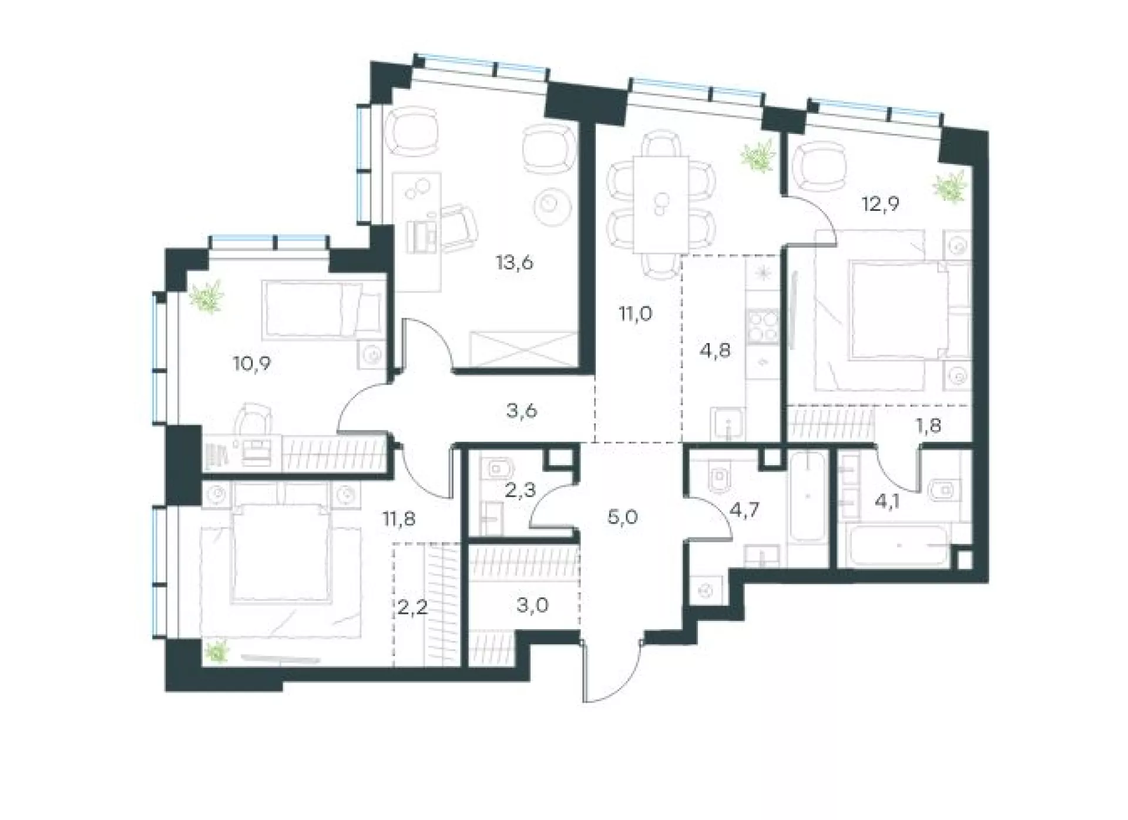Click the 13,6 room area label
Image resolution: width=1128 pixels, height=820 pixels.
(514, 262)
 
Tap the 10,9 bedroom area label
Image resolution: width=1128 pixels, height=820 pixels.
(251, 364)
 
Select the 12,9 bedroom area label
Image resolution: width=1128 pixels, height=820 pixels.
(881, 204)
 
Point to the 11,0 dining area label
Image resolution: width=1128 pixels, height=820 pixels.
(636, 314)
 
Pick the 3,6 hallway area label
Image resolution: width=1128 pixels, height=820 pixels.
(522, 411)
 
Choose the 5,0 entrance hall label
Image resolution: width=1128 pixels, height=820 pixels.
(623, 517)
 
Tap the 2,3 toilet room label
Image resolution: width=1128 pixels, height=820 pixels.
(521, 489)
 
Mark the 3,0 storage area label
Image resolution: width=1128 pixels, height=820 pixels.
(532, 604)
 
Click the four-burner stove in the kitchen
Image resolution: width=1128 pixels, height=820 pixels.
(763, 325)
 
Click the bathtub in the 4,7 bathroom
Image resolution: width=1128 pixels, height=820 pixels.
(808, 505)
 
